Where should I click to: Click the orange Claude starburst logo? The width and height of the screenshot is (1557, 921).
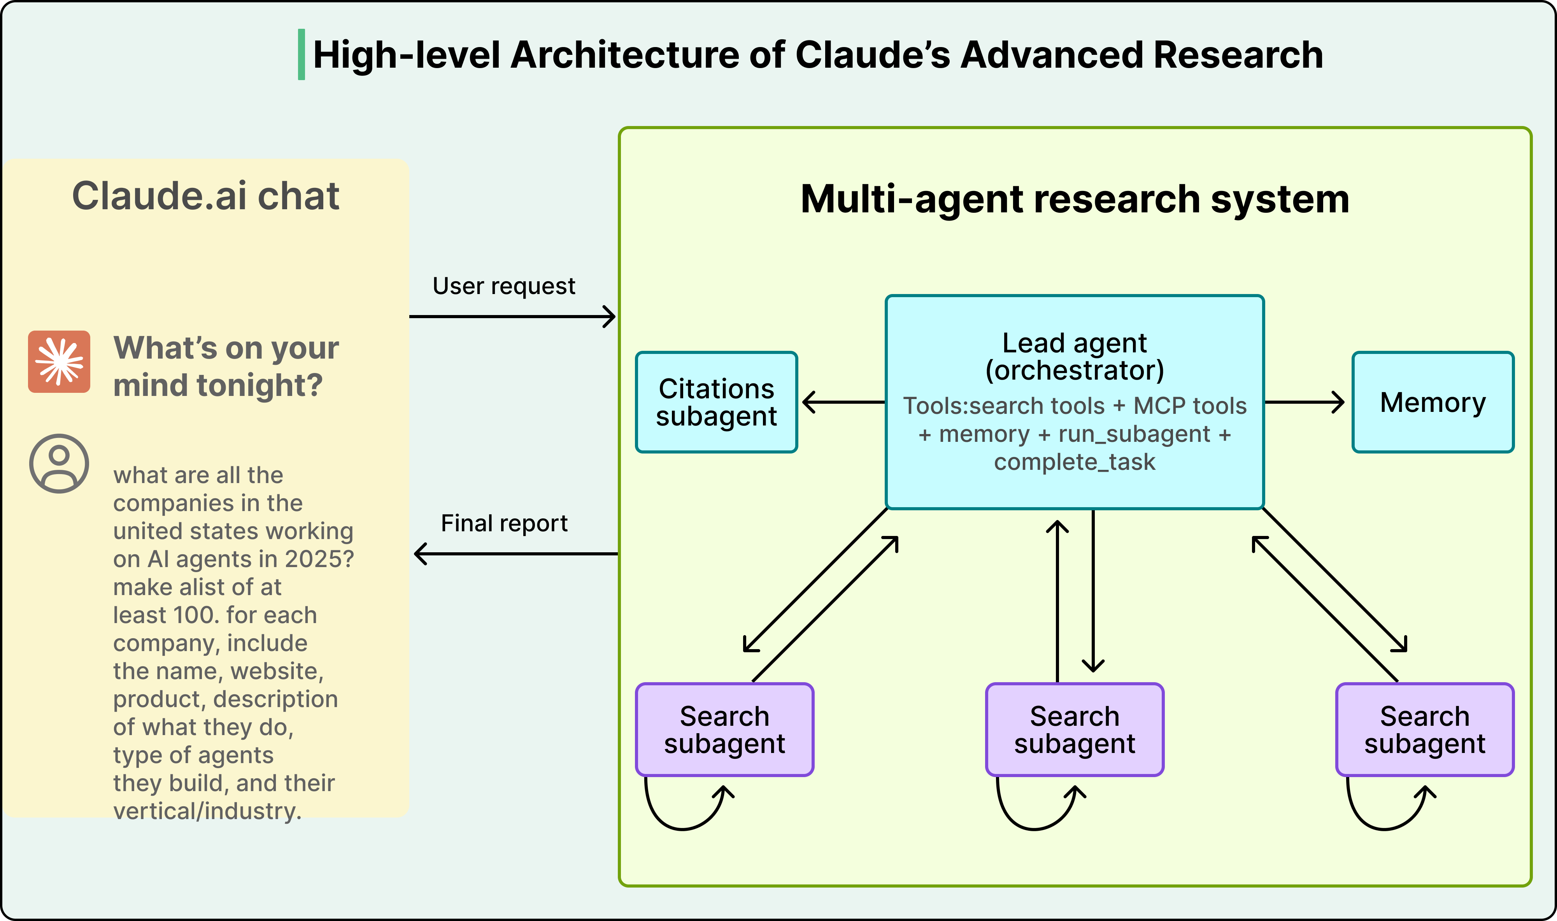59,362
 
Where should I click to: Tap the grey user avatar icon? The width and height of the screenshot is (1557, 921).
59,464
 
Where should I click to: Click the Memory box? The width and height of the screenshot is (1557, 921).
1433,402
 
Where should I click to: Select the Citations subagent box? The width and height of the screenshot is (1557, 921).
716,402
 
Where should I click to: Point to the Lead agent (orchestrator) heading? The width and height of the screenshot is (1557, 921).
1075,356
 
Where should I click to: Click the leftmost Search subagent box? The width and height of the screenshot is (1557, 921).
724,730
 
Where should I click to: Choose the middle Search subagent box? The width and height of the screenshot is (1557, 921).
1075,730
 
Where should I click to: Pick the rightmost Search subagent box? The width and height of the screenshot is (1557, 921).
1425,730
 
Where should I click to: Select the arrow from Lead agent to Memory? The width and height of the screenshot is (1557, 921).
1304,402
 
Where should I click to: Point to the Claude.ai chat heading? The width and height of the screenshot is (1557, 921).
205,196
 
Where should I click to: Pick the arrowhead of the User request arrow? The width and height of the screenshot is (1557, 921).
611,317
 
